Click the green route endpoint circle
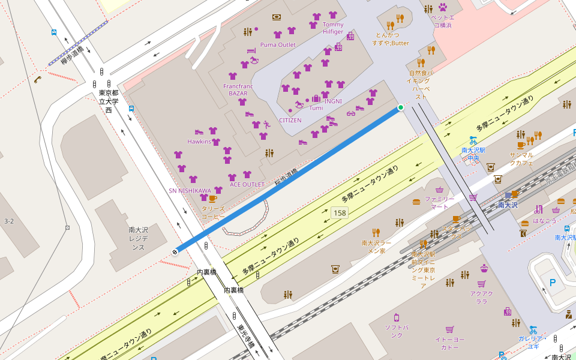pyautogui.click(x=401, y=107)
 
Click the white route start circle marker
pyautogui.click(x=175, y=252)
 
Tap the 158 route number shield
pyautogui.click(x=340, y=213)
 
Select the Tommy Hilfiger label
pyautogui.click(x=333, y=28)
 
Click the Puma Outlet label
pyautogui.click(x=278, y=45)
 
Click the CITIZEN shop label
pyautogui.click(x=290, y=120)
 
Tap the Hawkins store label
pyautogui.click(x=199, y=142)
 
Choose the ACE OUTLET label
pyautogui.click(x=247, y=184)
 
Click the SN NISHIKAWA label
pyautogui.click(x=190, y=191)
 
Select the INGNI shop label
pyautogui.click(x=333, y=101)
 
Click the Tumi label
pyautogui.click(x=316, y=108)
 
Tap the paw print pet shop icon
pyautogui.click(x=443, y=8)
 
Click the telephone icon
pyautogui.click(x=38, y=79)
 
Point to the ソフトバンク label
pyautogui.click(x=397, y=331)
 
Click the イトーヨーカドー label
pyautogui.click(x=449, y=343)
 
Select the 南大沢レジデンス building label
pyautogui.click(x=138, y=238)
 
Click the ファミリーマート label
pyautogui.click(x=440, y=202)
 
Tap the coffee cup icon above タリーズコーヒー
pyautogui.click(x=212, y=199)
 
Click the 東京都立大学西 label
pyautogui.click(x=109, y=101)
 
